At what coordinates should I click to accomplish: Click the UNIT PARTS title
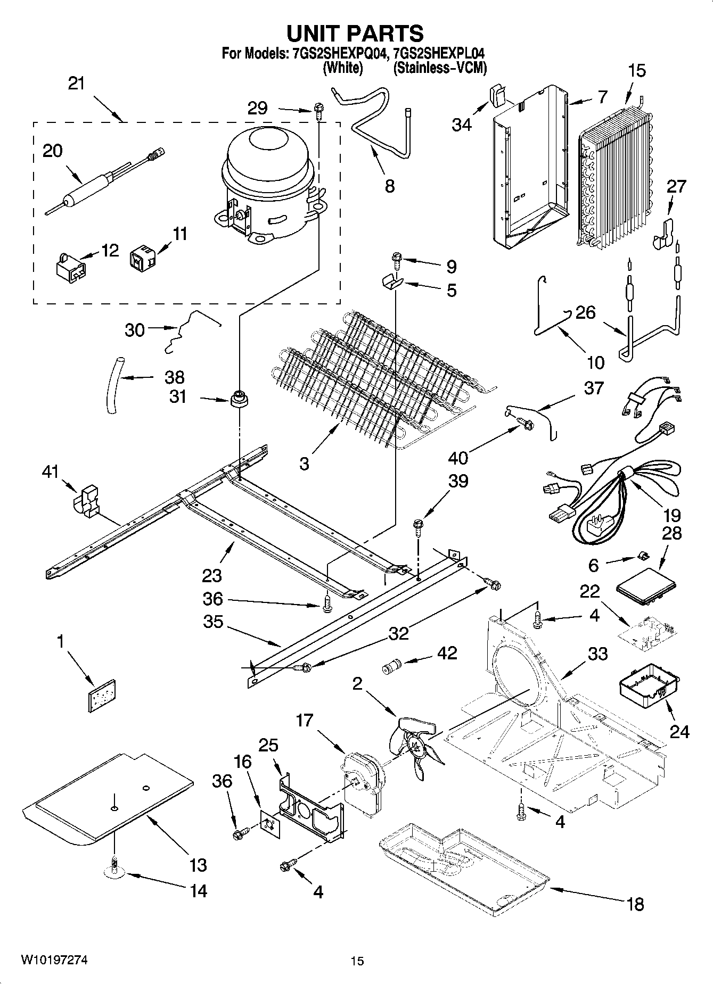click(355, 33)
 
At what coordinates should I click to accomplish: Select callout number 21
click(77, 84)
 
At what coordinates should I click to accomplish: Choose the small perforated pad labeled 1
click(102, 694)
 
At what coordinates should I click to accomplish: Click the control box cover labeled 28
click(646, 587)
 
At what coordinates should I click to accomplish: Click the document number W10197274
click(54, 960)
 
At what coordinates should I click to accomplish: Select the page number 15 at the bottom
click(357, 961)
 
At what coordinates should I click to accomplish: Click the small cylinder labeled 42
click(392, 667)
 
